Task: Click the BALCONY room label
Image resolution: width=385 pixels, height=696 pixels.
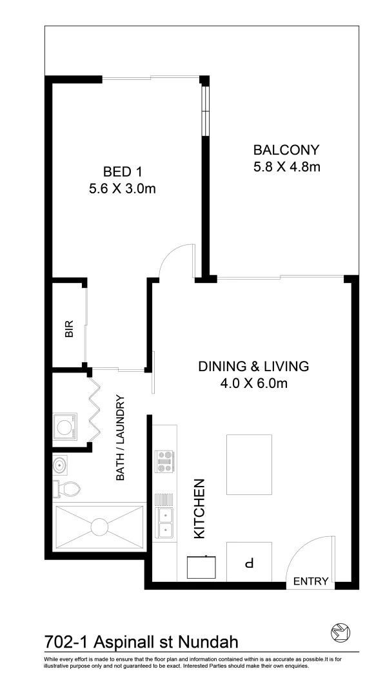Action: (286, 150)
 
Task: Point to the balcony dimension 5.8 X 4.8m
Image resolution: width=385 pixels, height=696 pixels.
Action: (286, 168)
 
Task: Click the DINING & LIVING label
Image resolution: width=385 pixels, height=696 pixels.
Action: (253, 367)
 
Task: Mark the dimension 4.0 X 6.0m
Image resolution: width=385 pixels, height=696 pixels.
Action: (253, 384)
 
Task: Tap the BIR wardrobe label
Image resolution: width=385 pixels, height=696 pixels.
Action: (69, 329)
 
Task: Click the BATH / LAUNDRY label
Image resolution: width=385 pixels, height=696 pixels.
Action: (120, 438)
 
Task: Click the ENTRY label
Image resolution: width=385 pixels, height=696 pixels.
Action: (311, 581)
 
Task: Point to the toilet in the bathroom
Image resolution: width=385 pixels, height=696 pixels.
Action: (67, 489)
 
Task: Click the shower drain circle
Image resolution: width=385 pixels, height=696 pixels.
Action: (99, 527)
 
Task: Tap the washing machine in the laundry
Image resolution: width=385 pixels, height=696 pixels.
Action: (65, 426)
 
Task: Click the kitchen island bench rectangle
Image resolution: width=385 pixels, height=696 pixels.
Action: (249, 464)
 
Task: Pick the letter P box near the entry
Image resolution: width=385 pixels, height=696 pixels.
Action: (249, 563)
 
